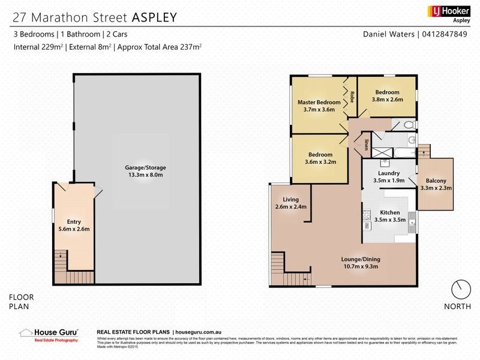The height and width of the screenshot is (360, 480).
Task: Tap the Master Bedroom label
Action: pos(319,103)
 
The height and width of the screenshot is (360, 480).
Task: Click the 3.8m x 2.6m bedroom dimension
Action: pos(387,100)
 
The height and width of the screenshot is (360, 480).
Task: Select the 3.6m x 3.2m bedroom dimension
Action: pos(321,161)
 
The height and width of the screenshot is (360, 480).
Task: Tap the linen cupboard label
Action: pos(365,145)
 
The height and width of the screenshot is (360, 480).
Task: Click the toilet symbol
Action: pos(408,125)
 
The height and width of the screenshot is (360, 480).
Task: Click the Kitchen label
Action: pos(389,213)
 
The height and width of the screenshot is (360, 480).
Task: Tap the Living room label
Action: pos(290,200)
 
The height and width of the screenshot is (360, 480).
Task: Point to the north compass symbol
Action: pos(460,289)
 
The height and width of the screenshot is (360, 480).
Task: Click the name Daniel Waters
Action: pos(389,34)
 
